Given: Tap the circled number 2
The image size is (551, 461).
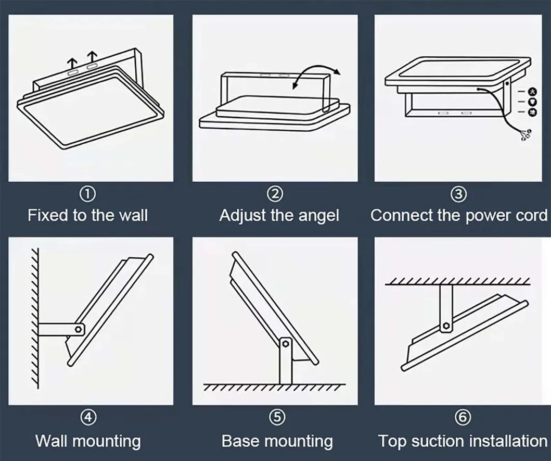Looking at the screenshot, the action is [275, 194].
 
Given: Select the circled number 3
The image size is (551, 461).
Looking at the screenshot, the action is [458, 194].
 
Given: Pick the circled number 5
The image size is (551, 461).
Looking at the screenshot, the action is [277, 417].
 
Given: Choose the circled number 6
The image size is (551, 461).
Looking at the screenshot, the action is [463, 417].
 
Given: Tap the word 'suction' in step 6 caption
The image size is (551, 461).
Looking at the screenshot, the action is [438, 441].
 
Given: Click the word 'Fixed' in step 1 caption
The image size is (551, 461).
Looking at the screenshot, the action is [48, 215].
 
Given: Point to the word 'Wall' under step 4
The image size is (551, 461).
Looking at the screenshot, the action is [52, 441].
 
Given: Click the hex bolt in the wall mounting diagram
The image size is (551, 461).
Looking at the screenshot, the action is [79, 329].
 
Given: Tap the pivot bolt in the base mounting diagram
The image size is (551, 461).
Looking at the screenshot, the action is [285, 343].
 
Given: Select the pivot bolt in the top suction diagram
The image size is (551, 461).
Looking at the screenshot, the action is [446, 325].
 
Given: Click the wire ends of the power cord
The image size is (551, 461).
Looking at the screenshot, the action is [526, 136].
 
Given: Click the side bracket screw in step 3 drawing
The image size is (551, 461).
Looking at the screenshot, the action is [507, 84].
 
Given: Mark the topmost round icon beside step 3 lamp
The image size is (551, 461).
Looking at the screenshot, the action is [533, 92].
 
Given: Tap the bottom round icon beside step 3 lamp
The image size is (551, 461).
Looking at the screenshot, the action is [533, 113].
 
